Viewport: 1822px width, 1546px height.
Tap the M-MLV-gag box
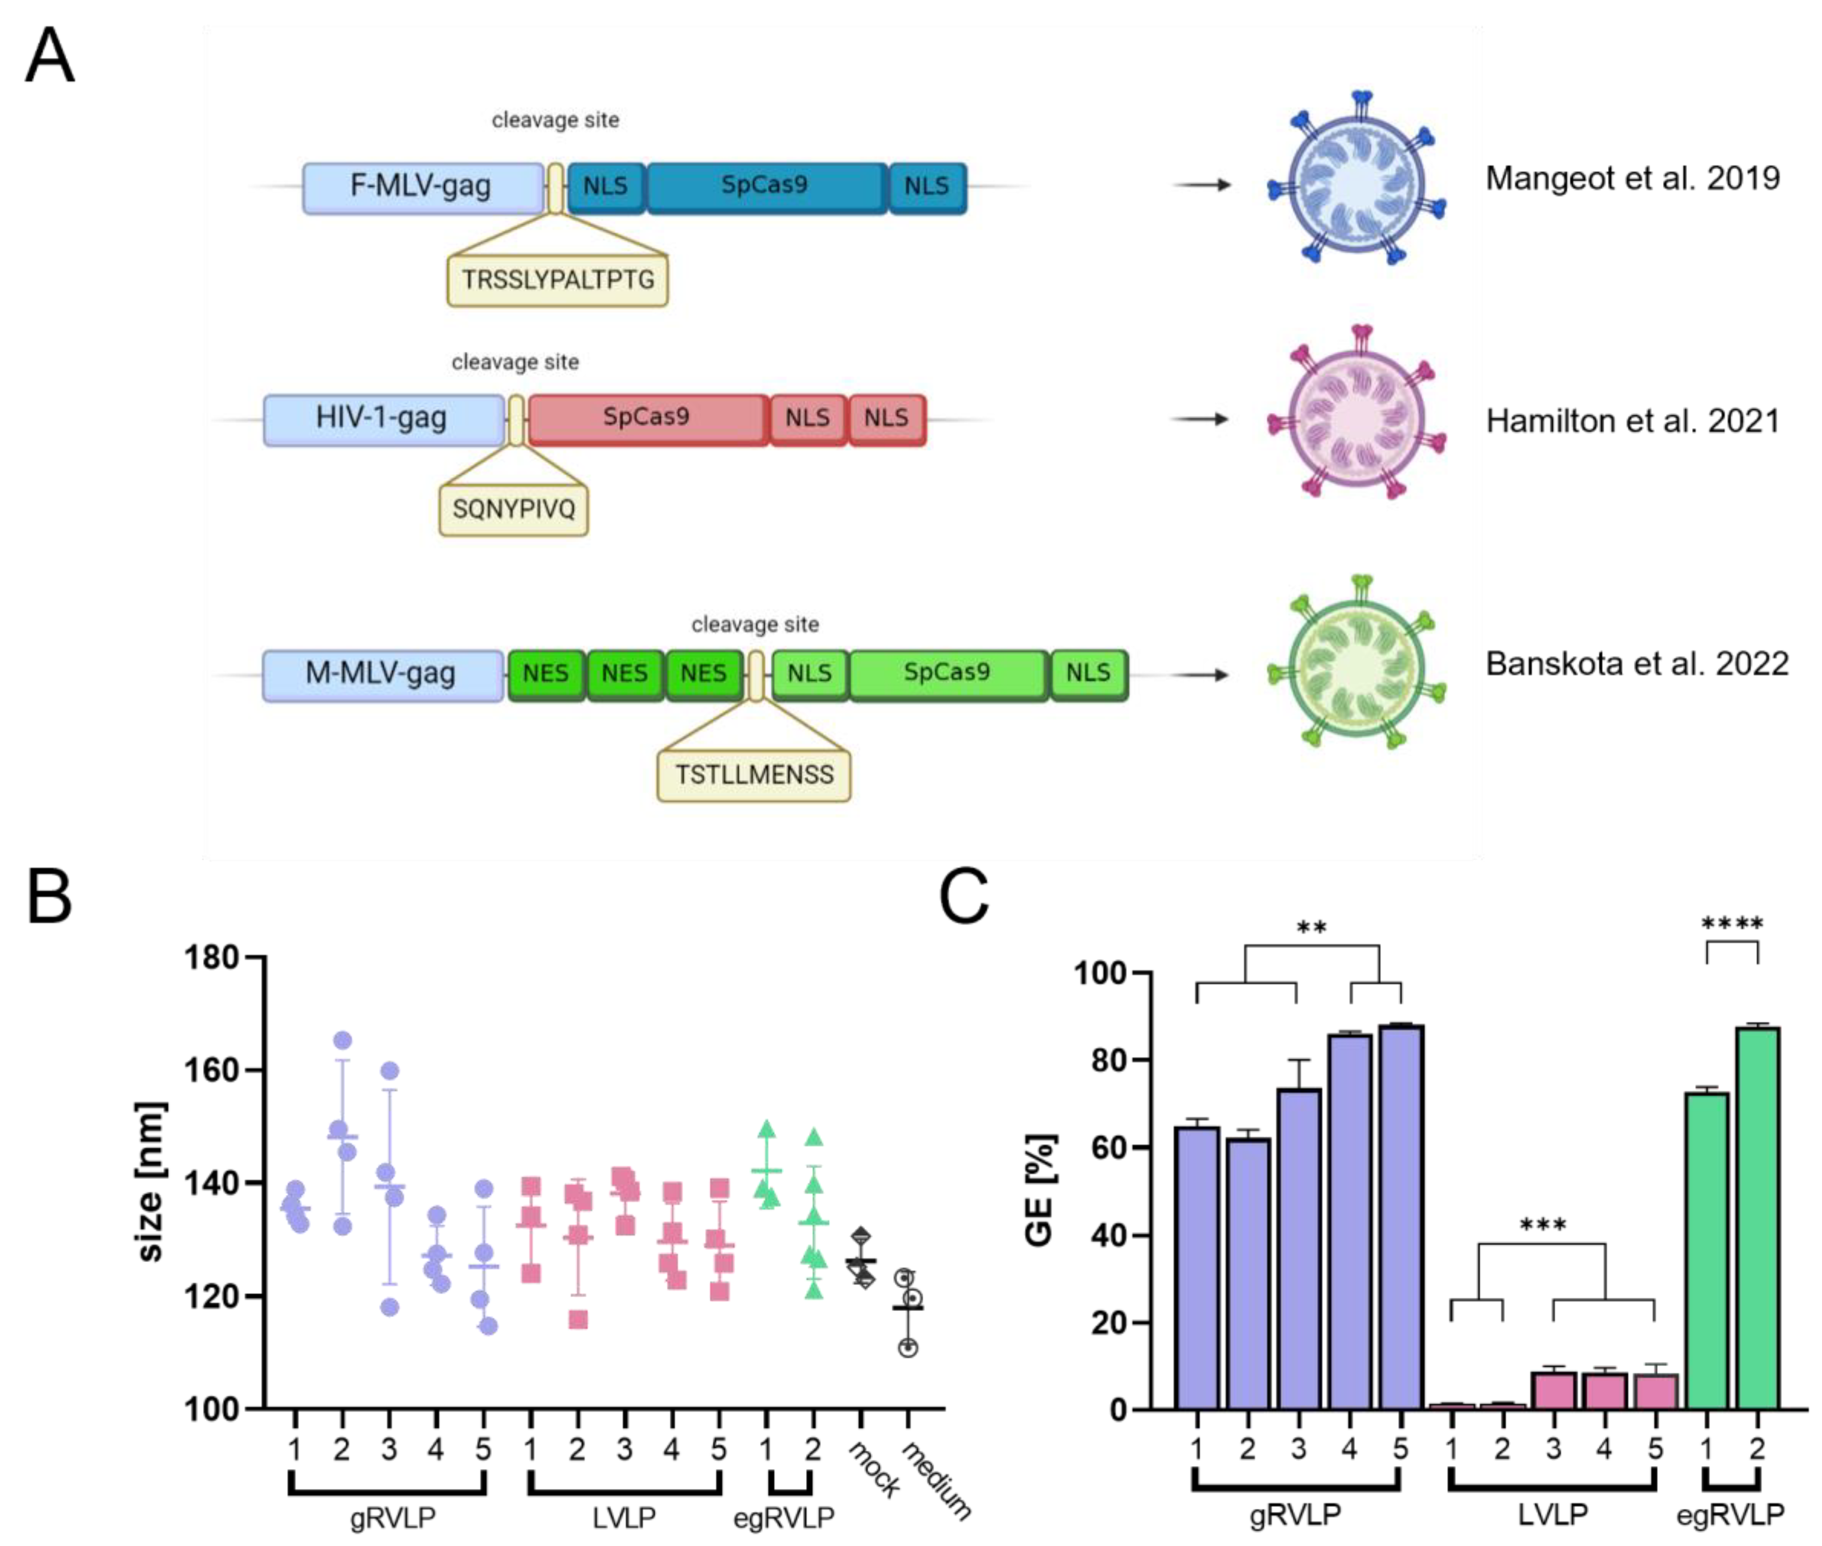[x=382, y=675]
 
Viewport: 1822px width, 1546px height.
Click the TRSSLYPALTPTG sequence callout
[x=557, y=280]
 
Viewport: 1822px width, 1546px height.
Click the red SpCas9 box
[x=647, y=419]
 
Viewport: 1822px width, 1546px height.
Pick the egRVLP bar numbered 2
[x=1757, y=1218]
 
